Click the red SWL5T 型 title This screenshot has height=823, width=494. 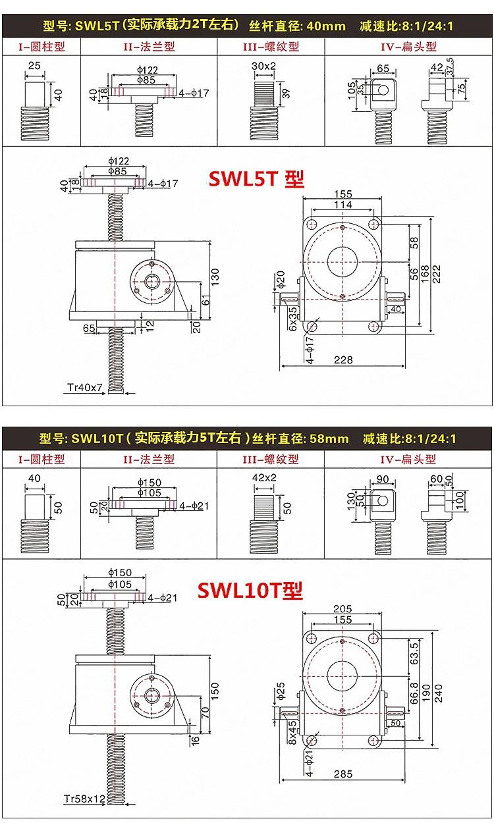click(257, 179)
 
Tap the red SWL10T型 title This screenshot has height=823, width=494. click(250, 591)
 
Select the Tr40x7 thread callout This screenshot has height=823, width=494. click(85, 387)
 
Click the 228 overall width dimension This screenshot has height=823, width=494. click(343, 359)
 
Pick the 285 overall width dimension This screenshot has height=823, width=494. click(343, 774)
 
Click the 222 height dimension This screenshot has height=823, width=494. click(436, 274)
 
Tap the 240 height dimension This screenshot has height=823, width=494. click(438, 693)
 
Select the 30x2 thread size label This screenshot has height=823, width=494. click(263, 66)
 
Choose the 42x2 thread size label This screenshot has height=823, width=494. click(264, 477)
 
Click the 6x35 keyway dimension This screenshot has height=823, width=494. click(292, 319)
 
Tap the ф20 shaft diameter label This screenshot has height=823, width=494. click(281, 279)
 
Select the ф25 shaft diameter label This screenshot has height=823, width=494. click(281, 691)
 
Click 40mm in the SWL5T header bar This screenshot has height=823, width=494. click(327, 26)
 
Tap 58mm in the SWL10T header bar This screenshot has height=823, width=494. click(329, 438)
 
